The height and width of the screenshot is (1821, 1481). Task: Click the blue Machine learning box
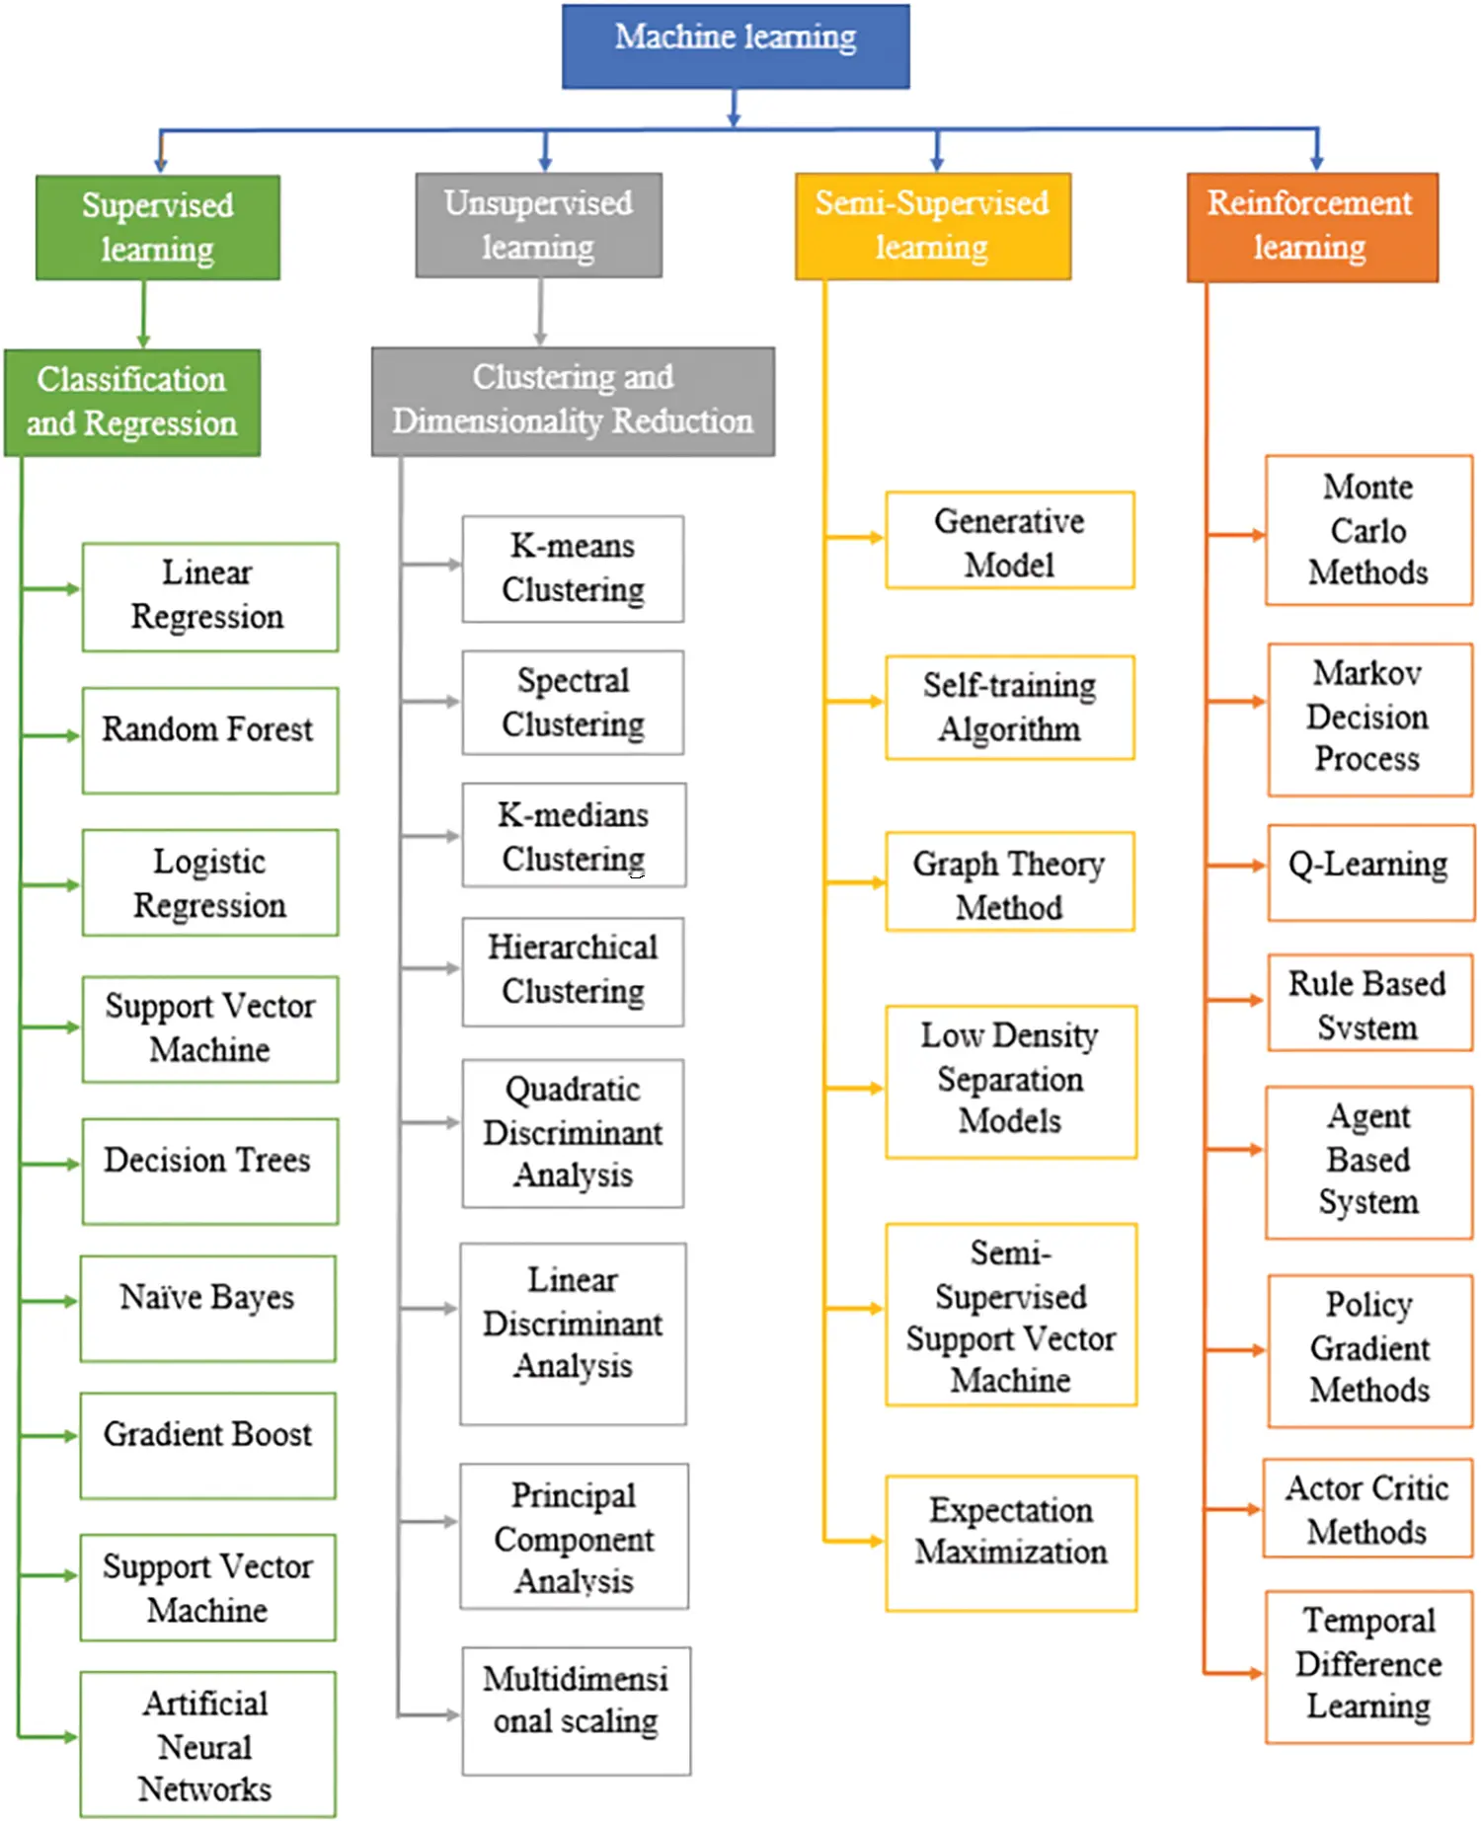(x=736, y=46)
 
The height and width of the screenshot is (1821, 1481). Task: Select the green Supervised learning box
(x=158, y=228)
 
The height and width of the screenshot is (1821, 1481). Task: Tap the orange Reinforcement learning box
(x=1312, y=228)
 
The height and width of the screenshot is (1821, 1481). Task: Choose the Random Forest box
(x=210, y=740)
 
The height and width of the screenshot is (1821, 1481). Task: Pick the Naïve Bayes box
(x=208, y=1309)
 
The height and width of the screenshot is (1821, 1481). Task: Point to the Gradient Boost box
(x=208, y=1445)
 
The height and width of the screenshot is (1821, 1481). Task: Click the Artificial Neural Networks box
(x=208, y=1744)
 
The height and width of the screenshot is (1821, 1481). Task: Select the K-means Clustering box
(x=573, y=569)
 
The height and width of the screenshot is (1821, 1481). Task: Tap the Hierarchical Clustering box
(x=573, y=971)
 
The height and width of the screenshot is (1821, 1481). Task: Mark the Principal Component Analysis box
(x=574, y=1536)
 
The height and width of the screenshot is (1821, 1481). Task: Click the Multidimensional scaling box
(x=576, y=1709)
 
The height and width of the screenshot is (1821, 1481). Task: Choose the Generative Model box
(x=1010, y=540)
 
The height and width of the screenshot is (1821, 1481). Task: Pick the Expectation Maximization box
(x=1011, y=1543)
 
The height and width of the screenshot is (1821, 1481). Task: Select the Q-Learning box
(x=1370, y=873)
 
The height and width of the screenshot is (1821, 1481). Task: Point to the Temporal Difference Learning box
(x=1368, y=1666)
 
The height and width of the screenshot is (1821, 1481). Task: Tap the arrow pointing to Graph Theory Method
(x=855, y=881)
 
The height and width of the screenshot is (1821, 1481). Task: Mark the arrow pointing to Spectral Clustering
(x=431, y=702)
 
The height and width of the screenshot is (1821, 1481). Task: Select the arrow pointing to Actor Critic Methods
(x=1233, y=1509)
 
